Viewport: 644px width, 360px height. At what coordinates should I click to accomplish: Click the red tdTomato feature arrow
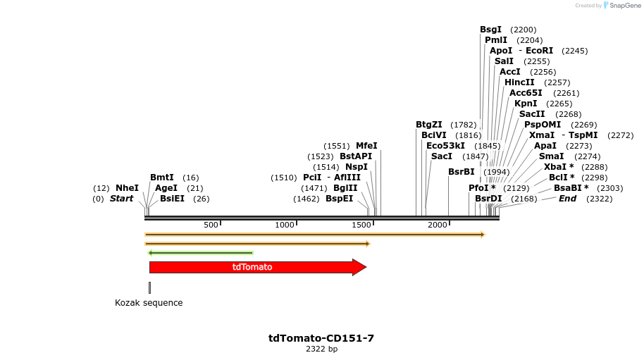click(254, 267)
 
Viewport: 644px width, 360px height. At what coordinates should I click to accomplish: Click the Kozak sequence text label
click(149, 303)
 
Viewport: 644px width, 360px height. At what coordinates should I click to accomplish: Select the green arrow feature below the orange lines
click(199, 252)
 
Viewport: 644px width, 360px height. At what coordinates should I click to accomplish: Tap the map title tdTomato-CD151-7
click(321, 338)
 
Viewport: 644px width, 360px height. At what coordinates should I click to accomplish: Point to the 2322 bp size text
click(321, 349)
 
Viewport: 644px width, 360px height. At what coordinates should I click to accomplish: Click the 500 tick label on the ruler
click(211, 225)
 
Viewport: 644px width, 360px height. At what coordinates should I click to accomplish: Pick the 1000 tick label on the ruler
click(285, 225)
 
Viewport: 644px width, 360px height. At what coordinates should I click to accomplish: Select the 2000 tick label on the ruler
click(438, 225)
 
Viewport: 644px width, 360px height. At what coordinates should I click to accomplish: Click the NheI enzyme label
click(127, 188)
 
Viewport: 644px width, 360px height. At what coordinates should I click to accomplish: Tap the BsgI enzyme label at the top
click(490, 30)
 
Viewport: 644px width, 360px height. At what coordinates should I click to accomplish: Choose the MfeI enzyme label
click(366, 146)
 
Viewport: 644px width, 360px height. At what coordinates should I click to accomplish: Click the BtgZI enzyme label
click(429, 125)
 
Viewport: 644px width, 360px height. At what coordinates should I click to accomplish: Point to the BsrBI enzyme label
click(462, 172)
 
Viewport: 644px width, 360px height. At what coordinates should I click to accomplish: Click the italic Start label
click(121, 199)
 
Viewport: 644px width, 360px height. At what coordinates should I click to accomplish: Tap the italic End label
click(567, 199)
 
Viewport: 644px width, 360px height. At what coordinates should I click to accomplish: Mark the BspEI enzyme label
click(339, 199)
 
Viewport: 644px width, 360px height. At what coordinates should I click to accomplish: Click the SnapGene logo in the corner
click(620, 6)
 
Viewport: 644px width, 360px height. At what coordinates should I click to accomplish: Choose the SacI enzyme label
click(442, 156)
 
